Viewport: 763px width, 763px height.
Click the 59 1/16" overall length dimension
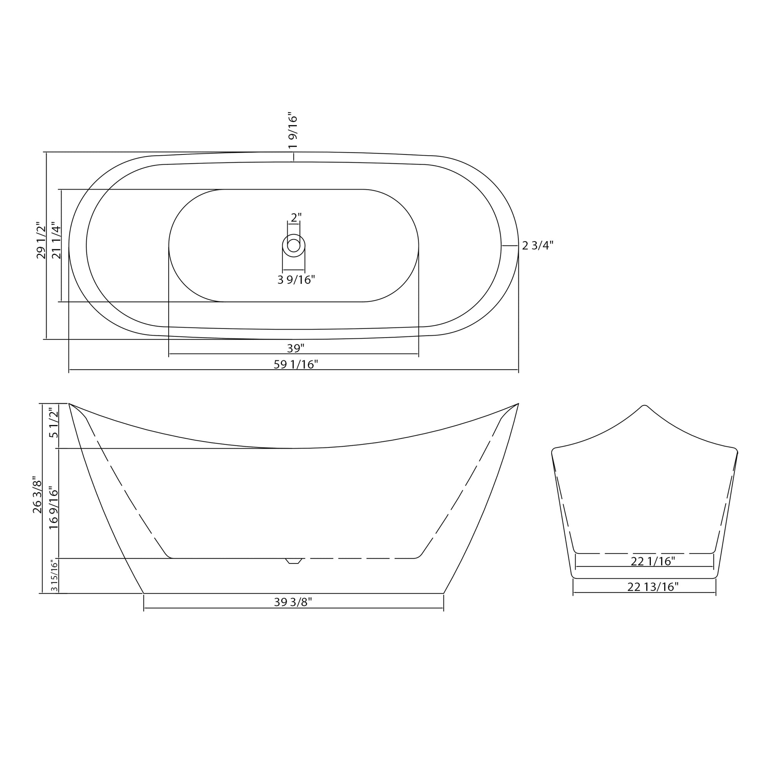tap(296, 364)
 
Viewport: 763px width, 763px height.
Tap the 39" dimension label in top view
tap(295, 348)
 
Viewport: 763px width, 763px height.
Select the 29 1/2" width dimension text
tap(41, 240)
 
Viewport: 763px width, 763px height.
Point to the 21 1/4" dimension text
tap(56, 242)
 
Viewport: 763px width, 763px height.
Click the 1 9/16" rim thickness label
tap(292, 130)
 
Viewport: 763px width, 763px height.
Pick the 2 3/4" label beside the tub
tap(538, 246)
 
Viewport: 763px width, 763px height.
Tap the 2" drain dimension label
tap(296, 218)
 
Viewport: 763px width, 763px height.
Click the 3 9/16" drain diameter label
tap(296, 280)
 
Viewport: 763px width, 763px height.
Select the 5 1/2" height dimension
tap(53, 423)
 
